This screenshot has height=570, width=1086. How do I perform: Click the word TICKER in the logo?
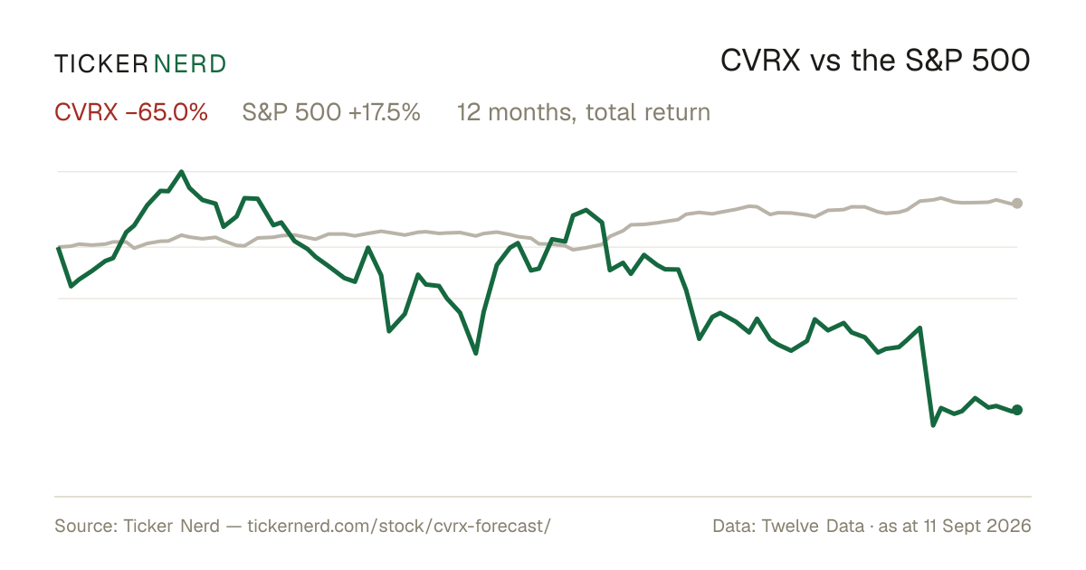coord(100,64)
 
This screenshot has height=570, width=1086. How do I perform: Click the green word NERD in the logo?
coord(189,64)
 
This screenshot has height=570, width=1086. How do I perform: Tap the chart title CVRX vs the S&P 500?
coord(875,61)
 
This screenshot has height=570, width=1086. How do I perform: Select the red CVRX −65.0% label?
coord(131,112)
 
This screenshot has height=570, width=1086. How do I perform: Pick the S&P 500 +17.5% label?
coord(331,112)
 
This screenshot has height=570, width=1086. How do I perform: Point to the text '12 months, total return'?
coord(584,112)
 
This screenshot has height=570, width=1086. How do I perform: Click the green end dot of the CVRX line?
coord(1017,410)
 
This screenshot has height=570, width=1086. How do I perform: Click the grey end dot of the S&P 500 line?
coord(1017,204)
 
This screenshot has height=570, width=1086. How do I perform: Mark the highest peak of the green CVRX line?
coord(181,172)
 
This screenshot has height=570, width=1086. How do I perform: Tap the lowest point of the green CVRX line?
coord(933,425)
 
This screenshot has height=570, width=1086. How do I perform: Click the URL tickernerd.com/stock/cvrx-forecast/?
coord(399,526)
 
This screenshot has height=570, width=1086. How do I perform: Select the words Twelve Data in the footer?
coord(813,526)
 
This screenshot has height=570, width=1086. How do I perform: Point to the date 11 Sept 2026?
coord(977,526)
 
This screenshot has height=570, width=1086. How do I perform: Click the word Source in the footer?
coord(83,526)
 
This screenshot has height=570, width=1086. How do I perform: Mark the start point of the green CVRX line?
coord(58,248)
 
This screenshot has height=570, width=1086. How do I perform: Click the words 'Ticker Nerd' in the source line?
coord(171,526)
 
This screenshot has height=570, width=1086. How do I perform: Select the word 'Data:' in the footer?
coord(734,526)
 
